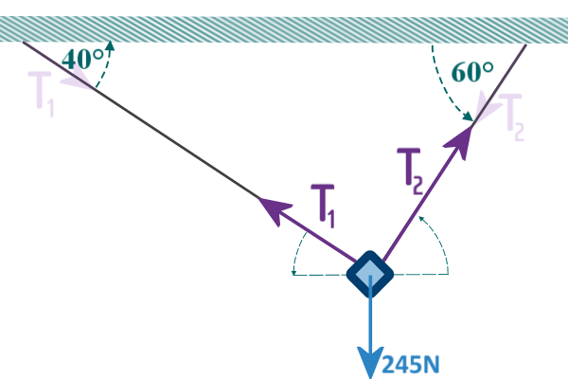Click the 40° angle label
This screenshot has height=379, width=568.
(82, 59)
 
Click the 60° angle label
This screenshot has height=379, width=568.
(472, 71)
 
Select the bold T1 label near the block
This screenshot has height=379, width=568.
(324, 206)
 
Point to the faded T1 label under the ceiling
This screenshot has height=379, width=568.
(42, 94)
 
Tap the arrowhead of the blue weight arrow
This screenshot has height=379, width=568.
(369, 362)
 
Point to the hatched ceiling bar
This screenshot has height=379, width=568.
(284, 28)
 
